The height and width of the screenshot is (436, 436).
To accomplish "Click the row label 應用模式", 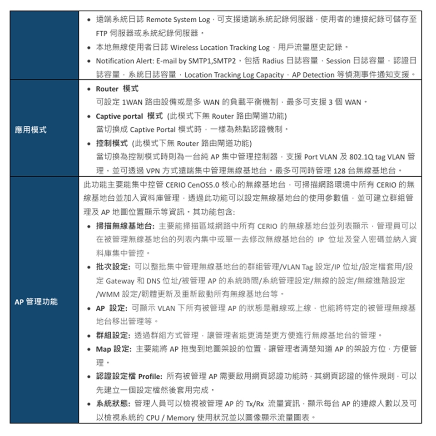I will (30, 130).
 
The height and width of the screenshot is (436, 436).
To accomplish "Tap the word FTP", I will (101, 34).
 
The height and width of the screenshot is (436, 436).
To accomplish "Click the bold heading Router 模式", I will (117, 89).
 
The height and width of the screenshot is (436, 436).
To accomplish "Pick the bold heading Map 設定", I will (113, 349).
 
